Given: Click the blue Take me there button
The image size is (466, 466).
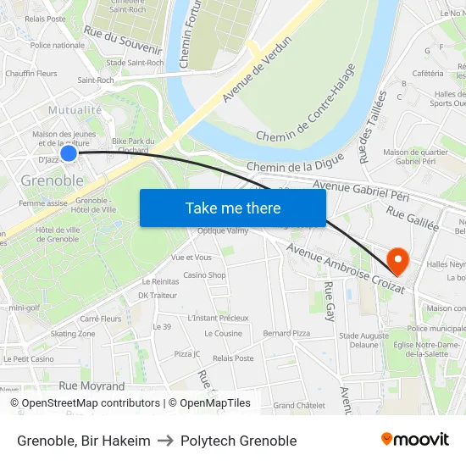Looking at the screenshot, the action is (x=233, y=208).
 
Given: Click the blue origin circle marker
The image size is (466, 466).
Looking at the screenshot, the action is (x=69, y=153).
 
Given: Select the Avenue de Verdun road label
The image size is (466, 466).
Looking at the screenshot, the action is (x=257, y=70).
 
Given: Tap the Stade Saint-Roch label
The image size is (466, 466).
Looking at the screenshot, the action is (x=135, y=63).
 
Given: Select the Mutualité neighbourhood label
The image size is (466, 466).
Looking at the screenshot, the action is (x=76, y=109).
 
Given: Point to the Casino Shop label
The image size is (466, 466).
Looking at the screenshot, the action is (x=205, y=275).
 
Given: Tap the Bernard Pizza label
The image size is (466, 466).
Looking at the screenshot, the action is (x=286, y=334).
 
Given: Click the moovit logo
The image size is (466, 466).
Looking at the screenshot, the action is (x=414, y=440).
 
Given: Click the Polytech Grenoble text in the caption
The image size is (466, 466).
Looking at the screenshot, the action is (x=239, y=441).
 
